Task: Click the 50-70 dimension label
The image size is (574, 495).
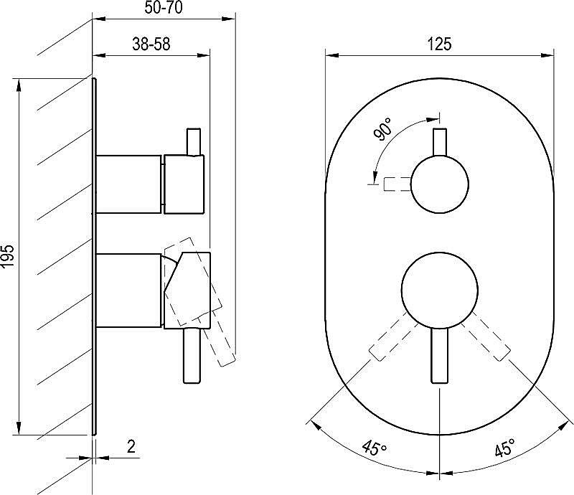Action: pyautogui.click(x=164, y=8)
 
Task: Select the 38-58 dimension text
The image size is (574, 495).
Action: pyautogui.click(x=151, y=44)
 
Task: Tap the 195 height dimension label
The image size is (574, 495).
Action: pyautogui.click(x=8, y=256)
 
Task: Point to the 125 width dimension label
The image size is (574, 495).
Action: pyautogui.click(x=439, y=44)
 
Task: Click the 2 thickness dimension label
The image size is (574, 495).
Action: pyautogui.click(x=131, y=447)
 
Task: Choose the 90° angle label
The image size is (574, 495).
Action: pyautogui.click(x=382, y=129)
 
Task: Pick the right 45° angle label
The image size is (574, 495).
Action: pyautogui.click(x=505, y=447)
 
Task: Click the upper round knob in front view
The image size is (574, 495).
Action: pyautogui.click(x=440, y=184)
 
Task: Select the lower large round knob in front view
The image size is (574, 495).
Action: pyautogui.click(x=439, y=290)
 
